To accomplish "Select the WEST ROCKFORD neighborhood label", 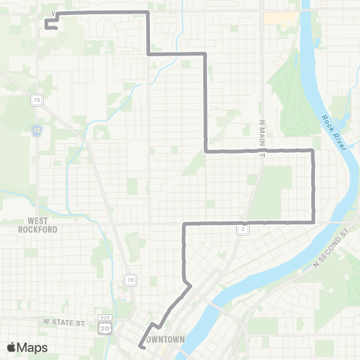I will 43,225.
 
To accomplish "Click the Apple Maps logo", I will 27,347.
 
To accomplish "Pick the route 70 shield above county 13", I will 36,99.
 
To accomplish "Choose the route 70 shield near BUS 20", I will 130,280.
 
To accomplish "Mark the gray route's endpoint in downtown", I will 140,346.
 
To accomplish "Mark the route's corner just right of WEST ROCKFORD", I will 184,223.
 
